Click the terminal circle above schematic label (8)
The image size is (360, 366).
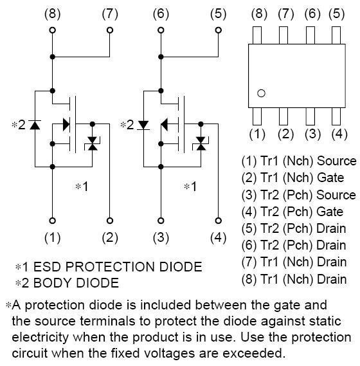pyautogui.click(x=53, y=30)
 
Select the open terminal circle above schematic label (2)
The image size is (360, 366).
pyautogui.click(x=110, y=221)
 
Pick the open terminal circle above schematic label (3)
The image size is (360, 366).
pyautogui.click(x=161, y=221)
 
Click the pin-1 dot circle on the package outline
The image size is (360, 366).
pyautogui.click(x=261, y=93)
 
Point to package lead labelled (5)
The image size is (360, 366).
pyautogui.click(x=336, y=35)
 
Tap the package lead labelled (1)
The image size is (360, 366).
pyautogui.click(x=257, y=116)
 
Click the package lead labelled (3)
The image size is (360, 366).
pyautogui.click(x=310, y=116)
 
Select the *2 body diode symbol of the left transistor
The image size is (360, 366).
pyautogui.click(x=35, y=125)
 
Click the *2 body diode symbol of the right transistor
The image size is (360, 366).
pyautogui.click(x=143, y=125)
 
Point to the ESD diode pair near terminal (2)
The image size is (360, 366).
pyautogui.click(x=93, y=143)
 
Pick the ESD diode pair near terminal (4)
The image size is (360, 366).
pyautogui.click(x=201, y=143)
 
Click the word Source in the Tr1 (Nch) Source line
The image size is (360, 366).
pyautogui.click(x=337, y=161)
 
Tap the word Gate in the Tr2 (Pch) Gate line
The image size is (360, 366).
pyautogui.click(x=330, y=212)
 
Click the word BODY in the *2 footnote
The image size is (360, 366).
pyautogui.click(x=52, y=283)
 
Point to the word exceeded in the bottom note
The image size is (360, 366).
pyautogui.click(x=254, y=353)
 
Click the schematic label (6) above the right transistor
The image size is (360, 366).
pyautogui.click(x=161, y=14)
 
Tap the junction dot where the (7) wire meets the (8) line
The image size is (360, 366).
pyautogui.click(x=53, y=57)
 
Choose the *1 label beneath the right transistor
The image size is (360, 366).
pyautogui.click(x=190, y=187)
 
